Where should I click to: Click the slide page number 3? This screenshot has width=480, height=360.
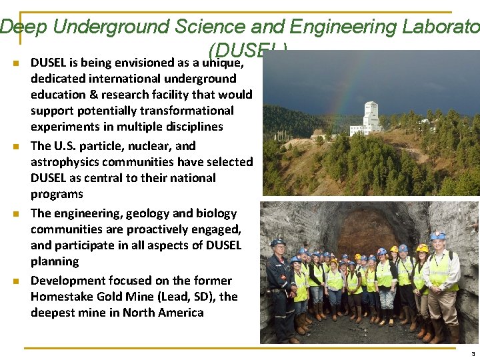pyautogui.click(x=472, y=354)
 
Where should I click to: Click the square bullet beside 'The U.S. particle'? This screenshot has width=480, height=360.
pyautogui.click(x=15, y=146)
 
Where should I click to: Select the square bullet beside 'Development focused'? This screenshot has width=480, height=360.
pyautogui.click(x=15, y=281)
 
